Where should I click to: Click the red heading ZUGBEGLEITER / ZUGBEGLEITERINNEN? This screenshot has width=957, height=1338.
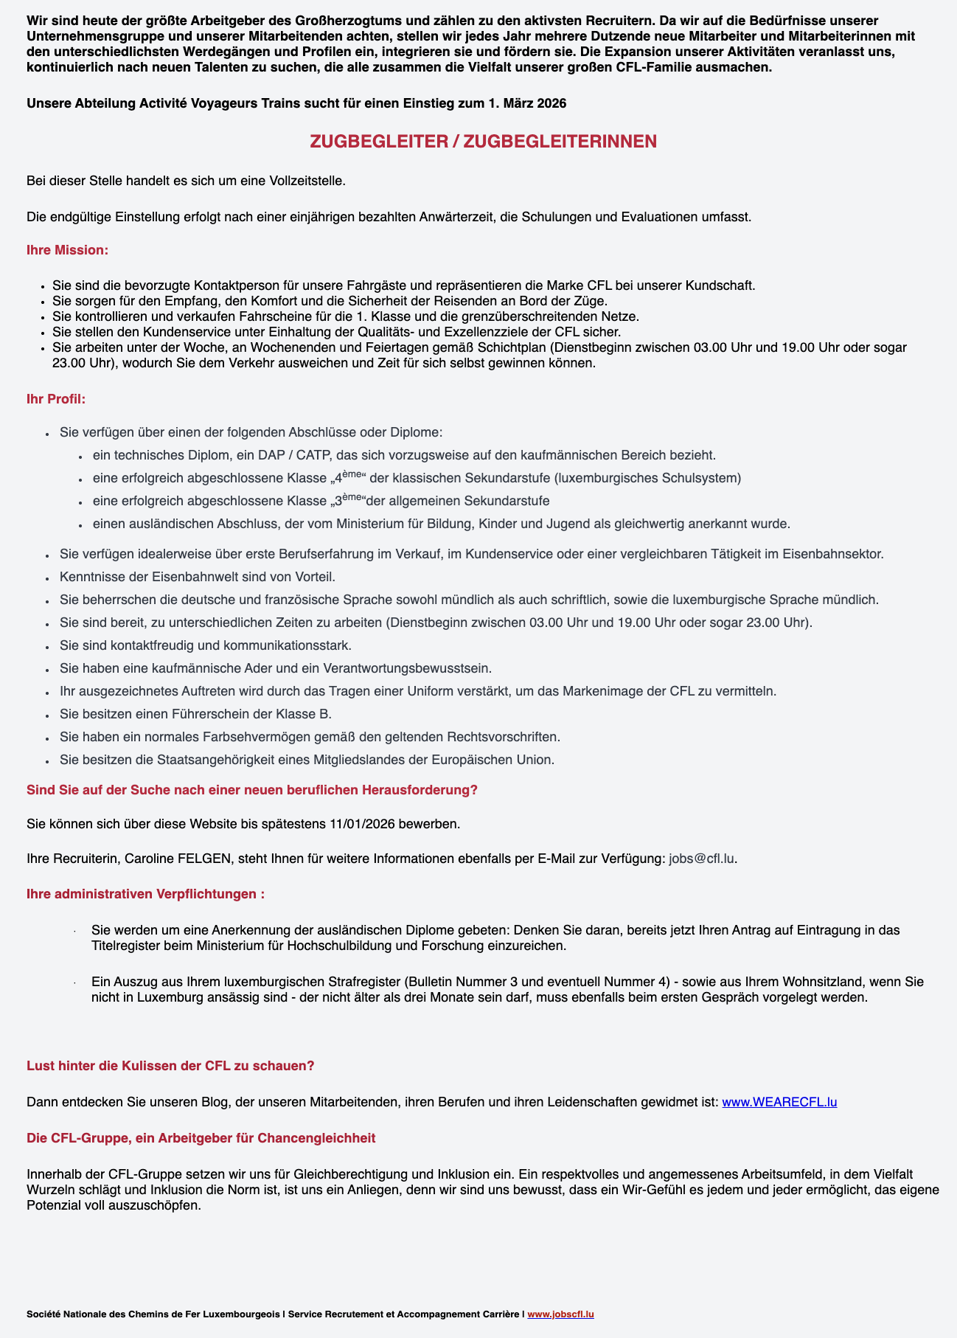tap(483, 142)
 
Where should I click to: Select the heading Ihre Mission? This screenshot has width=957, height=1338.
tap(67, 251)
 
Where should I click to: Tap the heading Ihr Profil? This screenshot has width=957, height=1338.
tap(56, 400)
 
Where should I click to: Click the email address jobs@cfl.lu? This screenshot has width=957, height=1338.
tap(702, 859)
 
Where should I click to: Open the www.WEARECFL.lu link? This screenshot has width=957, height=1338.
tap(779, 1102)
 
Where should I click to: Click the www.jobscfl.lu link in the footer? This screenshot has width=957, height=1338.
tap(560, 1314)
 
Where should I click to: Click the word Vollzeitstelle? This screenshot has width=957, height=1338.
tap(304, 181)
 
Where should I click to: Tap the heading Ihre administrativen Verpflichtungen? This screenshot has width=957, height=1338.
tap(145, 894)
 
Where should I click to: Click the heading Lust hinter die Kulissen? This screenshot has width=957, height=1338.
tap(170, 1066)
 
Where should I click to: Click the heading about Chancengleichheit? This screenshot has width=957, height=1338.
tap(201, 1138)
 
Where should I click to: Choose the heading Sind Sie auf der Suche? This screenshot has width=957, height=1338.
tap(251, 790)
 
